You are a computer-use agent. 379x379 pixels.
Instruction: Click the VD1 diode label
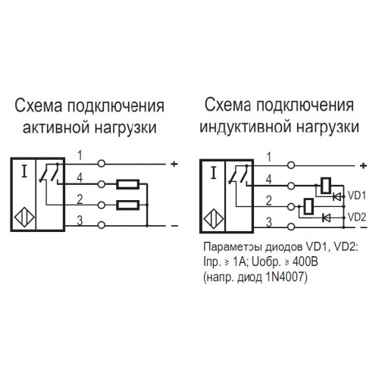tap(357, 196)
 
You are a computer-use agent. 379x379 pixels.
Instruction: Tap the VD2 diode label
tap(357, 217)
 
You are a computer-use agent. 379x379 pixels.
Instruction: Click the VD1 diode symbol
tap(337, 196)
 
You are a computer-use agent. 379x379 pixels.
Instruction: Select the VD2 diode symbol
tap(327, 218)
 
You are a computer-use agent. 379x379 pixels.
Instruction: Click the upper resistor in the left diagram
tap(128, 184)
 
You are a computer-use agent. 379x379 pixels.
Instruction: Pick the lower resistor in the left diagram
tap(128, 205)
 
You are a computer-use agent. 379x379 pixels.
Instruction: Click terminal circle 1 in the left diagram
tap(102, 164)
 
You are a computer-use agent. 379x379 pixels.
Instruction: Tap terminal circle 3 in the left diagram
tap(102, 225)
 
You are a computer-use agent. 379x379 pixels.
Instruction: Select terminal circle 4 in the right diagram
tap(291, 186)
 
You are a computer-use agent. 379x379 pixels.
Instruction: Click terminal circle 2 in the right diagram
tap(291, 207)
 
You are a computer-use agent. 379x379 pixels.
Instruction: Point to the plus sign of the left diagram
tap(174, 164)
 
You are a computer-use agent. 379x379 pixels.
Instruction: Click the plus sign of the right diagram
tap(363, 166)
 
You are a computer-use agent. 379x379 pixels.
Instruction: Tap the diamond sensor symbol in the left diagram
tap(24, 218)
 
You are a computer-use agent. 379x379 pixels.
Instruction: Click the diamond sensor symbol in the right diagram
tap(214, 219)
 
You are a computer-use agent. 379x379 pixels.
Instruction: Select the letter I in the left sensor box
tap(24, 171)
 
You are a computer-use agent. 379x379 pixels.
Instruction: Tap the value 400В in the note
tap(305, 262)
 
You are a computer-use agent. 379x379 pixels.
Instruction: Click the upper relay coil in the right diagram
tap(326, 186)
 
